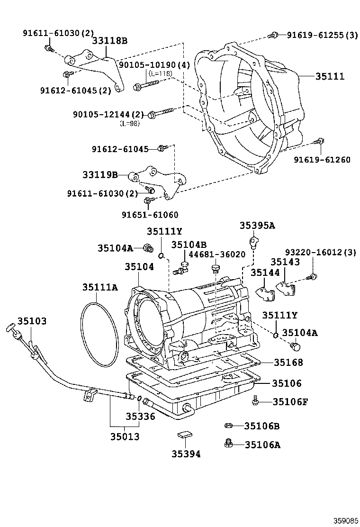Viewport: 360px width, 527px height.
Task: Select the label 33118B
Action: (x=109, y=41)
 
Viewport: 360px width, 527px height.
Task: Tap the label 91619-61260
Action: (x=322, y=160)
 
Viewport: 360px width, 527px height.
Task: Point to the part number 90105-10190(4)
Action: (x=154, y=65)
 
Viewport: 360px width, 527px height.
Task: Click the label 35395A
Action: (x=257, y=226)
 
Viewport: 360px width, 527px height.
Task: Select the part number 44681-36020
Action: (x=217, y=254)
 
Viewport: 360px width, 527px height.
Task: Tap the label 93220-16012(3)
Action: (x=320, y=252)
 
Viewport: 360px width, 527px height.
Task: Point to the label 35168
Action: (x=287, y=363)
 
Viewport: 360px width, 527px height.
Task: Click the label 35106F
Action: (x=290, y=402)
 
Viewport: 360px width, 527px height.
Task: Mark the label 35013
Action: (x=125, y=436)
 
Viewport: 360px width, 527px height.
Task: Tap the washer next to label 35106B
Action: (x=228, y=426)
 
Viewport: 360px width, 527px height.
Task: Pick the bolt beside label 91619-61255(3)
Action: (x=273, y=34)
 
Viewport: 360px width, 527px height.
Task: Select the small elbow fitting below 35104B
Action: (x=180, y=271)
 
